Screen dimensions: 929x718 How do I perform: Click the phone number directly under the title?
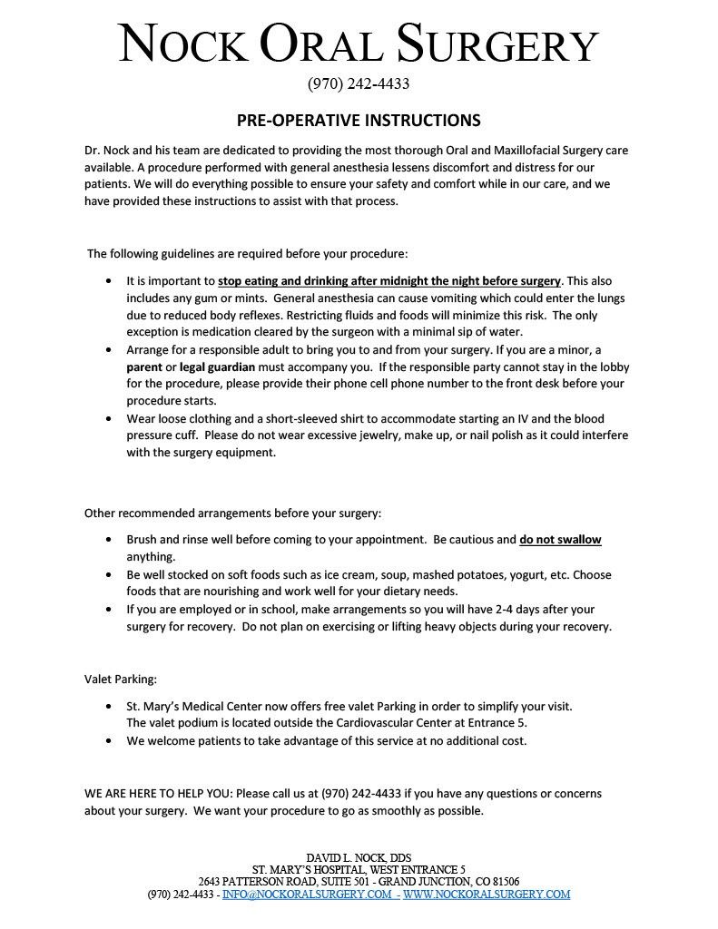(359, 84)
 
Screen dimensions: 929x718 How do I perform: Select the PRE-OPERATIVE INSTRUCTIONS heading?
(359, 121)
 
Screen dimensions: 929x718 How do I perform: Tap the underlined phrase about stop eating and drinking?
(389, 281)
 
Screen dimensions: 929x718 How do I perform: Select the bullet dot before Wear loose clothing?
(110, 419)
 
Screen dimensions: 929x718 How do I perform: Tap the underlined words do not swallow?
(560, 540)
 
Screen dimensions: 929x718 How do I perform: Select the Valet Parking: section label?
(121, 678)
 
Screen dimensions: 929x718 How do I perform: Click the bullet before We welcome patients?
(110, 741)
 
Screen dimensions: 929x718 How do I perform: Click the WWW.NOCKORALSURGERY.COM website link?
(487, 895)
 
